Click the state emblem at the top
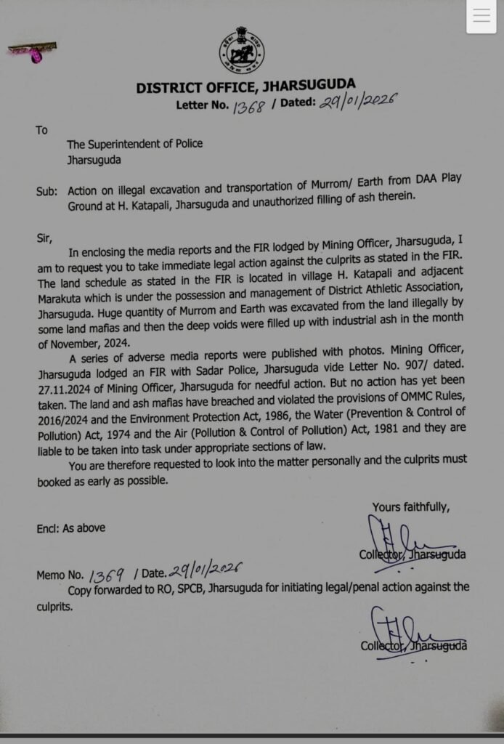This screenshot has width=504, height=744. [x=242, y=50]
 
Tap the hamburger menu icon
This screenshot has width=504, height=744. [x=481, y=17]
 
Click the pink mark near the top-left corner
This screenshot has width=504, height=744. [x=33, y=52]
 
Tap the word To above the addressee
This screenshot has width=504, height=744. [x=41, y=130]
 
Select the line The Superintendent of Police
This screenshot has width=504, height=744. [x=134, y=144]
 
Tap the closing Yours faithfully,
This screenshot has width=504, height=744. [x=411, y=506]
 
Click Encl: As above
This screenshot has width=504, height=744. [x=70, y=528]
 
